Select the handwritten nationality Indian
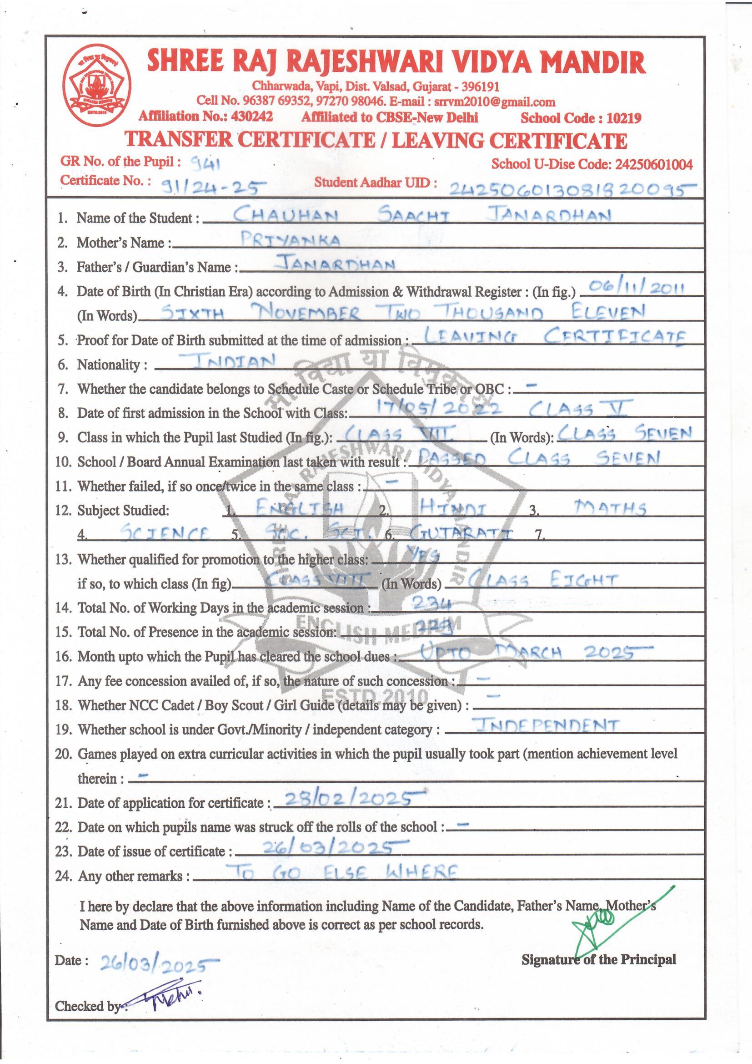click(x=228, y=360)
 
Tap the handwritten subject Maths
click(x=609, y=509)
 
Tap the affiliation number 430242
click(x=252, y=117)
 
